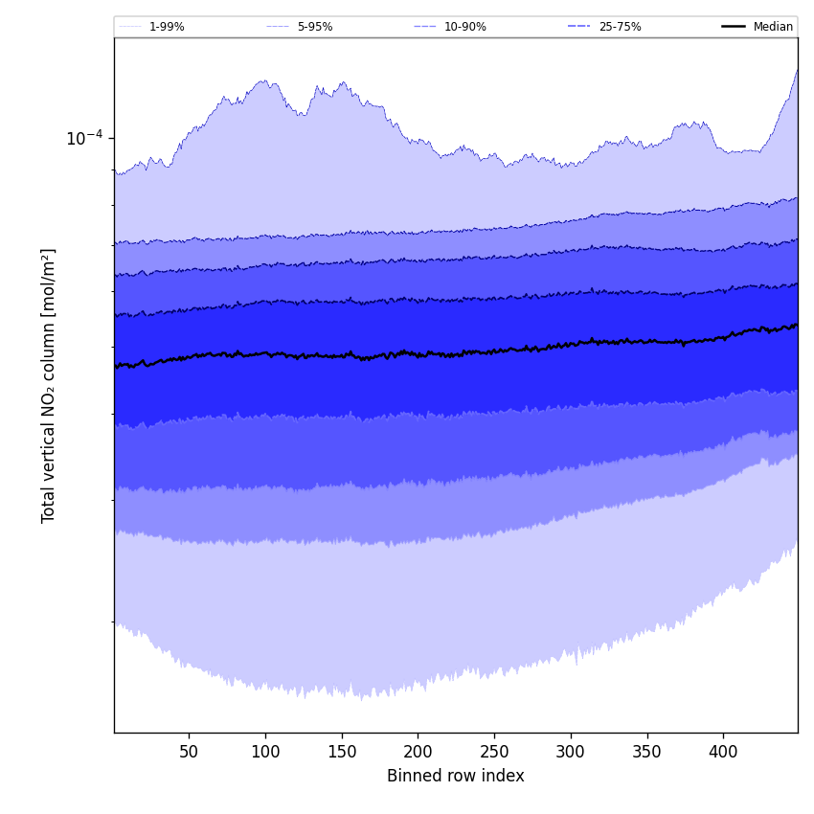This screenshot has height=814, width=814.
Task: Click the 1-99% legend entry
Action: [x=166, y=27]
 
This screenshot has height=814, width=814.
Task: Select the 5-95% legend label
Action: [x=314, y=27]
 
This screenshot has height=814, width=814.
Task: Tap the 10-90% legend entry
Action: [x=464, y=27]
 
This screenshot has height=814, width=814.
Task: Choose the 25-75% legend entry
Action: [x=620, y=27]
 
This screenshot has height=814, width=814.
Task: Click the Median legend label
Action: [x=773, y=27]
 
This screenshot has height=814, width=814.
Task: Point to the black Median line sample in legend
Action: [x=734, y=27]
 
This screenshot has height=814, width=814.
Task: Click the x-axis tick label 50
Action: [x=189, y=753]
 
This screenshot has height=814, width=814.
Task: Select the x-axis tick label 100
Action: [x=265, y=753]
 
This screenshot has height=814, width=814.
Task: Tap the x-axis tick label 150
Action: [x=342, y=753]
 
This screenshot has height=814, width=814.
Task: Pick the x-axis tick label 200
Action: [x=418, y=753]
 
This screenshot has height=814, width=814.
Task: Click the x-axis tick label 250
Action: [x=494, y=753]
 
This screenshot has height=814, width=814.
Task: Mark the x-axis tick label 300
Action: [x=571, y=753]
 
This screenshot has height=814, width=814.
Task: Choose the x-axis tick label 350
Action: [x=646, y=753]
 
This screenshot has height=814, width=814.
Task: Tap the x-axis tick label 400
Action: [x=723, y=753]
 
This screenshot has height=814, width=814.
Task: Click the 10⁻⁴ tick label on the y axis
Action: [x=84, y=138]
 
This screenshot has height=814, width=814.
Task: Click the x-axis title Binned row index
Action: [x=456, y=777]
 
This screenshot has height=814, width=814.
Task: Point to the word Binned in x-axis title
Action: [x=413, y=777]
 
